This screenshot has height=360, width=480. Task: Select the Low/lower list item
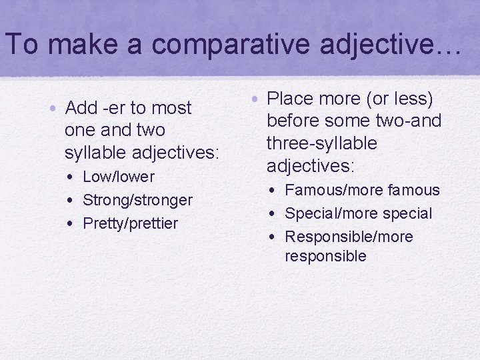click(x=118, y=177)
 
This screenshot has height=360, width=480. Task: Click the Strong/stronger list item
click(x=137, y=200)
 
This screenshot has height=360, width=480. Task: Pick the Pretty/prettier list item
click(x=130, y=223)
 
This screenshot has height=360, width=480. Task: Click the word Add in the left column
click(x=82, y=108)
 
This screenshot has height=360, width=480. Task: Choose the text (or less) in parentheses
click(x=399, y=99)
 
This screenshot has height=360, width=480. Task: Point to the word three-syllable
click(x=321, y=143)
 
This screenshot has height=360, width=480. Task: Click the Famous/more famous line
click(x=362, y=190)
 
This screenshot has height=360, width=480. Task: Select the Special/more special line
click(x=358, y=213)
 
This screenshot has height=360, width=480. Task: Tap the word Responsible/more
click(x=349, y=237)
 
